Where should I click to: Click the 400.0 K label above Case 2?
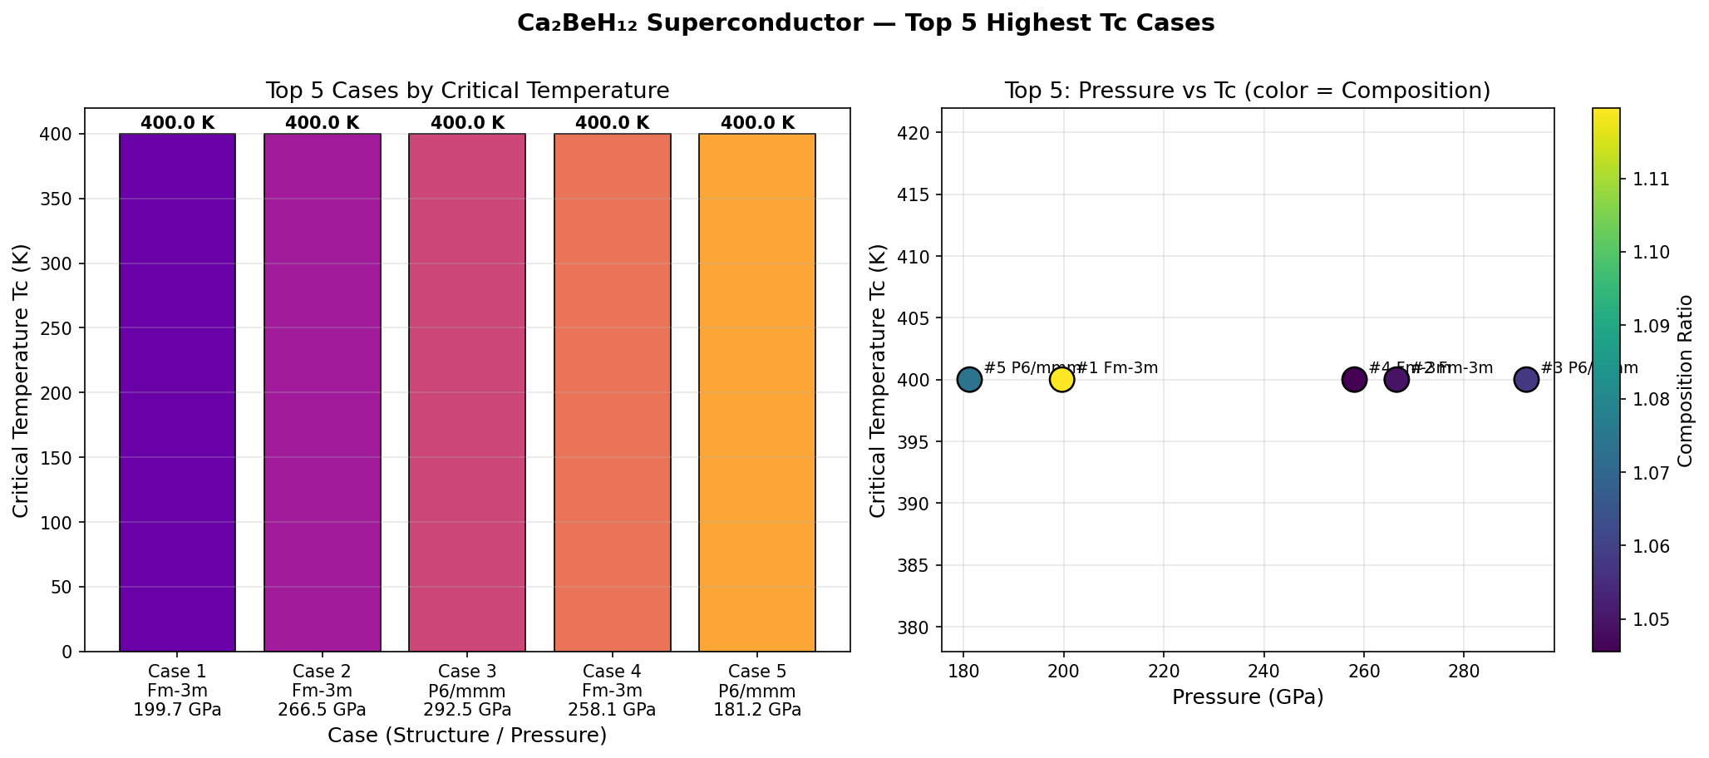pos(323,123)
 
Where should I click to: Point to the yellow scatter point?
pos(1061,380)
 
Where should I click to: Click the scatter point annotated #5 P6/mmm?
pos(969,380)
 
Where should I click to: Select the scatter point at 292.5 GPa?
pos(1526,380)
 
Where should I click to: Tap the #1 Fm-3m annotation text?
pos(1117,367)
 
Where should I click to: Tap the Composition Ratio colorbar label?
pos(1685,380)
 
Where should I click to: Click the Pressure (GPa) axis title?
pos(1248,697)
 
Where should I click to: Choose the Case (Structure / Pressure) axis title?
pos(467,735)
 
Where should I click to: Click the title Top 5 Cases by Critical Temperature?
pos(467,91)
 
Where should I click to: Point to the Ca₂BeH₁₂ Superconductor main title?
pos(865,23)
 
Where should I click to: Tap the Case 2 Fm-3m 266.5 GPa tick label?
pos(323,690)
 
